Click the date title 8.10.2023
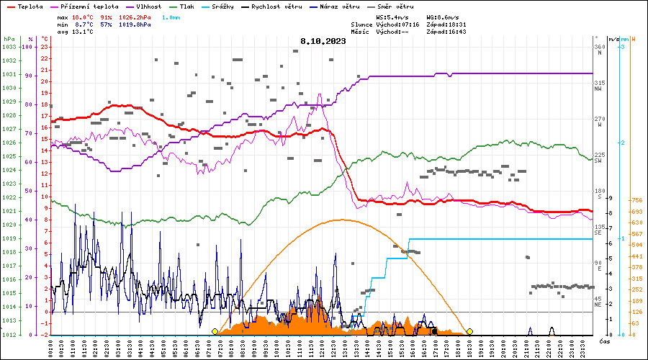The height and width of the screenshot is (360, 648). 323,41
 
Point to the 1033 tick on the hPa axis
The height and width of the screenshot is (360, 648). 9,47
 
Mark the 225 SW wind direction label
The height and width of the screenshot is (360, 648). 598,157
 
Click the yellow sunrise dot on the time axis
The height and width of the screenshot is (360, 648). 215,331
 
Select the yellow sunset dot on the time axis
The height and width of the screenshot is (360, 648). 469,331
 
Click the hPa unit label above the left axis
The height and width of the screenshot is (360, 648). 9,38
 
